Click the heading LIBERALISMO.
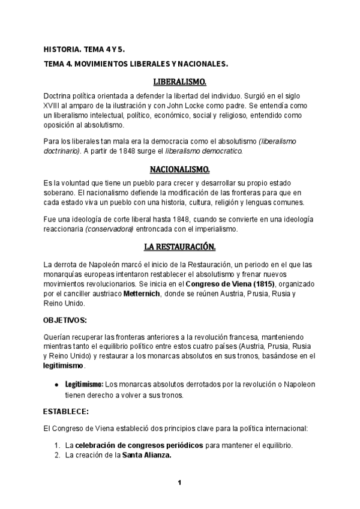tap(180, 81)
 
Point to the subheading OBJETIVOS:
tap(65, 319)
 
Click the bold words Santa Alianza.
tap(147, 456)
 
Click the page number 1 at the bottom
tap(179, 483)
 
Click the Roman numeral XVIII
tap(53, 106)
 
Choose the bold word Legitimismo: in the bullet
tap(84, 384)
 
